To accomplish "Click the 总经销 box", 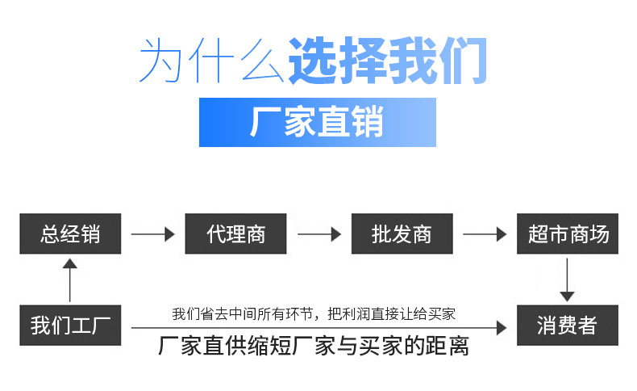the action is click(70, 233).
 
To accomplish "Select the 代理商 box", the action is click(235, 233).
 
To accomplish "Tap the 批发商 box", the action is click(402, 233).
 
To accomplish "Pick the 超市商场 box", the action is click(568, 233).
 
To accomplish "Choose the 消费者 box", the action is click(568, 325).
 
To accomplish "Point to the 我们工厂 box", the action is click(70, 325).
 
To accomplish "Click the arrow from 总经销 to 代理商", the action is click(152, 234).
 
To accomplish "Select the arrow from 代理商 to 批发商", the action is click(319, 234).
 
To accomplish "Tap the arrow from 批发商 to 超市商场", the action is click(485, 234).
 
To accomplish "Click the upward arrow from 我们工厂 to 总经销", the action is click(70, 280).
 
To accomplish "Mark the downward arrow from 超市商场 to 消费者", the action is click(567, 280).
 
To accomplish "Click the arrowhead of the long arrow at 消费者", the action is click(502, 327).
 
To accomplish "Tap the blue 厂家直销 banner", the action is click(317, 122).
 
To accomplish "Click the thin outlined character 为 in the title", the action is click(160, 61).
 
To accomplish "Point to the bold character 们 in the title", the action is click(463, 61).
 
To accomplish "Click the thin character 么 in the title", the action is click(263, 61).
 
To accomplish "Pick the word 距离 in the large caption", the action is click(447, 347).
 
